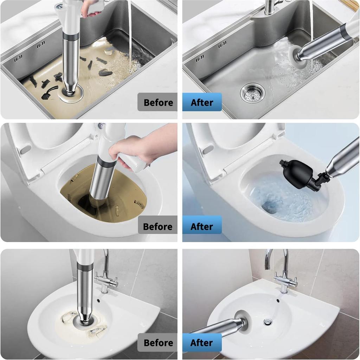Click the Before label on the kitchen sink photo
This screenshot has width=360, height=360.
[158, 102]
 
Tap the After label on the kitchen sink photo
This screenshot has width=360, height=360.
[202, 102]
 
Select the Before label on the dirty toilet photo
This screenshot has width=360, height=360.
[157, 227]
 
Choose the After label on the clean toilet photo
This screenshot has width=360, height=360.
[201, 227]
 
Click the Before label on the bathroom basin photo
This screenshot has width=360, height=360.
[158, 342]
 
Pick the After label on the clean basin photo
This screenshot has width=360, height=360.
[201, 342]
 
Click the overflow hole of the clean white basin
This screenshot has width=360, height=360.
[278, 300]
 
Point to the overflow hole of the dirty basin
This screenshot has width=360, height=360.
[98, 300]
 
